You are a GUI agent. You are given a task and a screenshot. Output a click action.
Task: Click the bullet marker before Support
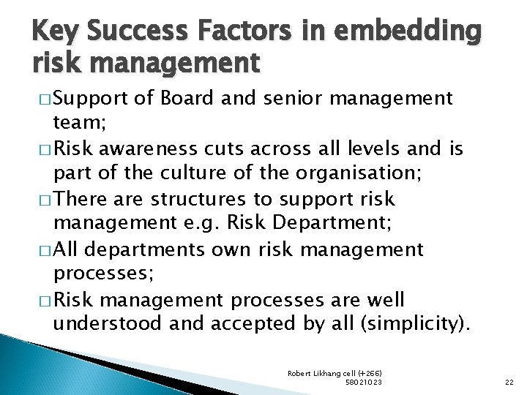click(40, 99)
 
